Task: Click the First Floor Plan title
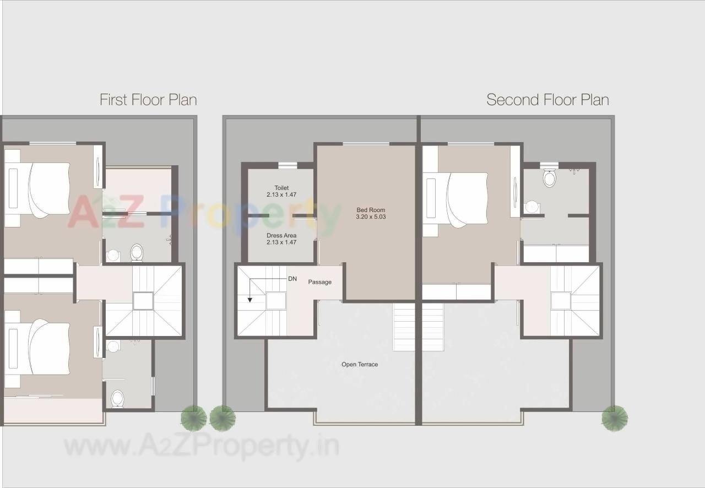pos(148,100)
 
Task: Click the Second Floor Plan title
pos(547,100)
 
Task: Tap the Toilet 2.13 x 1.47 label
pos(281,191)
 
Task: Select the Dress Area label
pos(281,238)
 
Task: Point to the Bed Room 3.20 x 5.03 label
pos(371,213)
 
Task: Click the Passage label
pos(319,282)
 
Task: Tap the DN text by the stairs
pos(292,279)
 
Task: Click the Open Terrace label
pos(360,364)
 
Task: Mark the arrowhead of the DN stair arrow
pos(250,300)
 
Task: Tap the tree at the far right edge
pos(614,418)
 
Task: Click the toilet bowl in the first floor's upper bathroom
pos(137,253)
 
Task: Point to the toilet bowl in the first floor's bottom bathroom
pos(117,398)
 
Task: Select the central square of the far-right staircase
pos(561,301)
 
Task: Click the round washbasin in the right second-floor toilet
pos(532,207)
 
